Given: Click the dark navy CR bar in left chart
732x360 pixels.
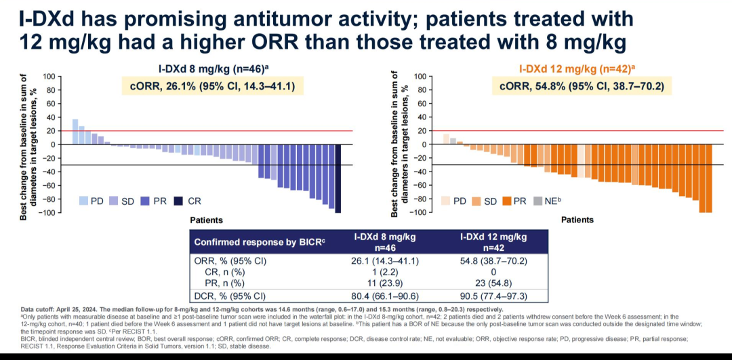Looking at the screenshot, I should click(x=338, y=178).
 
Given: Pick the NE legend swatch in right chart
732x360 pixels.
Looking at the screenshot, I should click(x=538, y=201).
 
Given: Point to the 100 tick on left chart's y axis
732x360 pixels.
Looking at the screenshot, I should click(x=49, y=76).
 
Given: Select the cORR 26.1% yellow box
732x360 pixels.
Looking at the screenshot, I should click(x=211, y=86).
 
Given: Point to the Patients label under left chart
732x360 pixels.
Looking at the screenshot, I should click(x=207, y=220).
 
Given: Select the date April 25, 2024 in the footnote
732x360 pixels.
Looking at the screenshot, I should click(x=76, y=309).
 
